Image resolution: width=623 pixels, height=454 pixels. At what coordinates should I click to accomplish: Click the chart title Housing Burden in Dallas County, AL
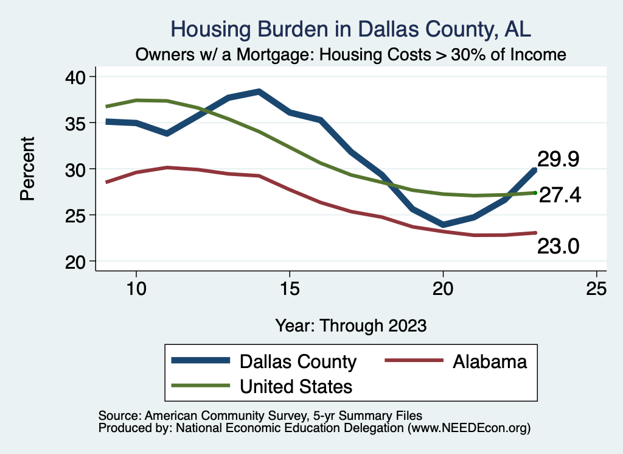tap(352, 29)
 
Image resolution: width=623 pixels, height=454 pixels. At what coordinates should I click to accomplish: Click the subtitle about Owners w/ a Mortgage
tap(351, 54)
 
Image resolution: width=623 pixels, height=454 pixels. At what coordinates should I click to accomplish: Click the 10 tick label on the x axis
tap(136, 288)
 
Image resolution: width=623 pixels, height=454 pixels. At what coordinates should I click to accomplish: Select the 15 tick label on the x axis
tap(289, 288)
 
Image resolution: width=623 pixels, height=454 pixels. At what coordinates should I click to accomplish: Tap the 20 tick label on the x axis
tap(443, 288)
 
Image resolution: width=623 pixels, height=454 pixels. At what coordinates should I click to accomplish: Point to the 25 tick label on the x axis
tap(596, 288)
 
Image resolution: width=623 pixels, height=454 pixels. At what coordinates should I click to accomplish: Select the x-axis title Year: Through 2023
tap(350, 325)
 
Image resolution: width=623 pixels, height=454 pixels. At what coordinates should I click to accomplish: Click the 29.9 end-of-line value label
tap(558, 159)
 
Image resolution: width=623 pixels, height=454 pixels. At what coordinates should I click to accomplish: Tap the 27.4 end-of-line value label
tap(560, 194)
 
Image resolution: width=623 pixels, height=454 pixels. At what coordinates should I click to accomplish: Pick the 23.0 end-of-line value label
tap(558, 246)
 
